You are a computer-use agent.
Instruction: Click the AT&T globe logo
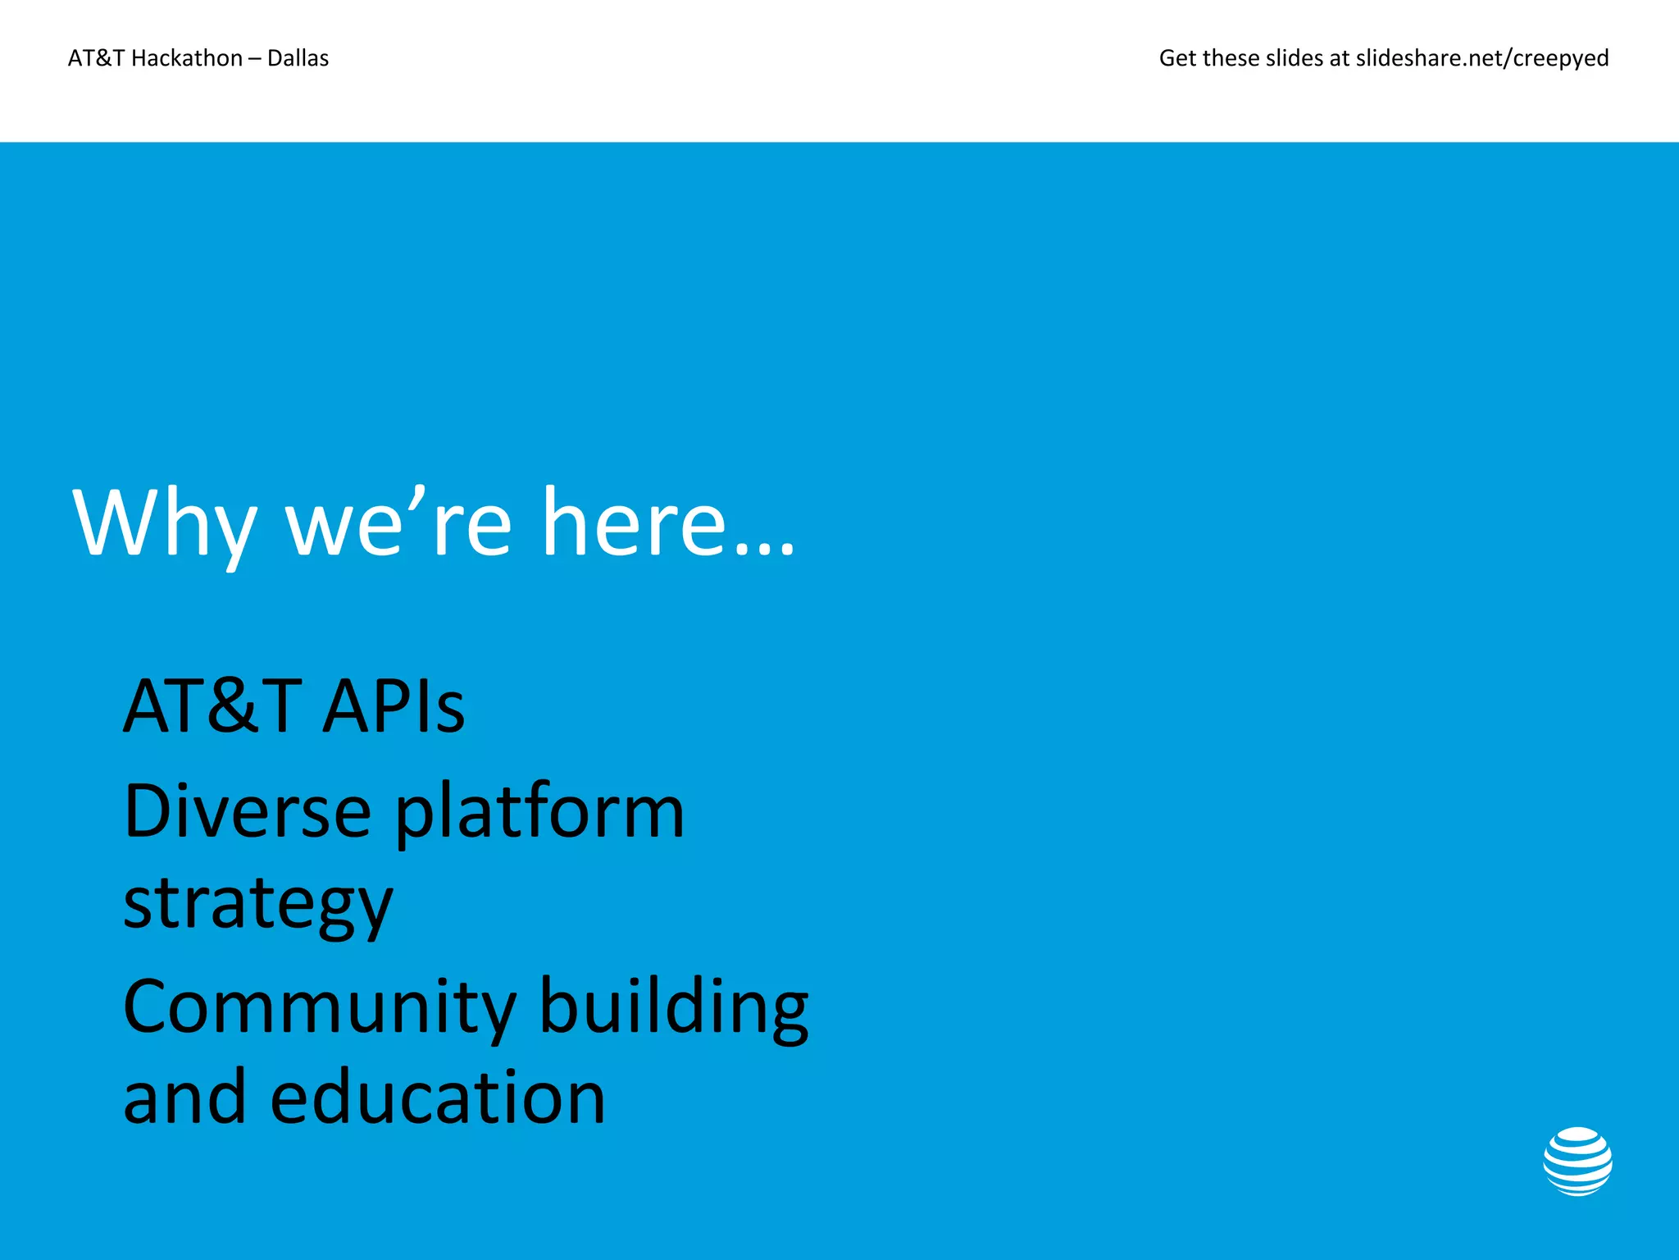1577,1162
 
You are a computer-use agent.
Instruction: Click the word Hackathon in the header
187,58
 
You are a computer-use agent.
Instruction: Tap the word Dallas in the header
298,58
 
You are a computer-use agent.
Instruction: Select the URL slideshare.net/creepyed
1481,58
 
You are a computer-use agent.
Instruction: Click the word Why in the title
165,525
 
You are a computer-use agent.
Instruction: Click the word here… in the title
668,525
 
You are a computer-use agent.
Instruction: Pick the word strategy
258,904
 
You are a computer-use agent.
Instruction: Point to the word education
438,1098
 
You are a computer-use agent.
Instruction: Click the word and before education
184,1098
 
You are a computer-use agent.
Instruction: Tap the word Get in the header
1177,58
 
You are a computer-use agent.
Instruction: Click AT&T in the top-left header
97,58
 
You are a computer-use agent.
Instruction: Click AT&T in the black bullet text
212,706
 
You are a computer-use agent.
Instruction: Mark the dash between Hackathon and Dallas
255,59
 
